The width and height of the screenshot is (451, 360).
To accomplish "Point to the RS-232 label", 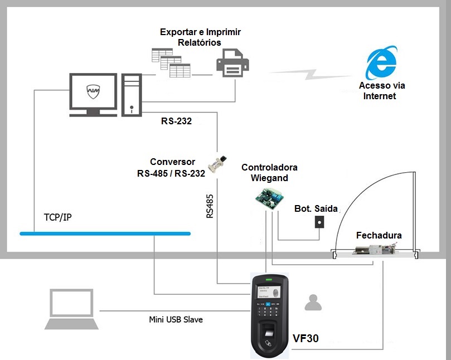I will pyautogui.click(x=176, y=121).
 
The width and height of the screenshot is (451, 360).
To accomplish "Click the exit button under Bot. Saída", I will pyautogui.click(x=319, y=221).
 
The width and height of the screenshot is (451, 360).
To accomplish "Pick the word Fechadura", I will pyautogui.click(x=379, y=236).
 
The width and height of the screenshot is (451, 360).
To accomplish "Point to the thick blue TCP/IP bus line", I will pyautogui.click(x=106, y=233).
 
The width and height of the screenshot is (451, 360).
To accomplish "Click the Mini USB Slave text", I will pyautogui.click(x=176, y=319).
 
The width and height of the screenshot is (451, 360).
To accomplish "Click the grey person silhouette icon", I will pyautogui.click(x=313, y=303).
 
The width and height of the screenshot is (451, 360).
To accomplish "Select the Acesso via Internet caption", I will pyautogui.click(x=382, y=91).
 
